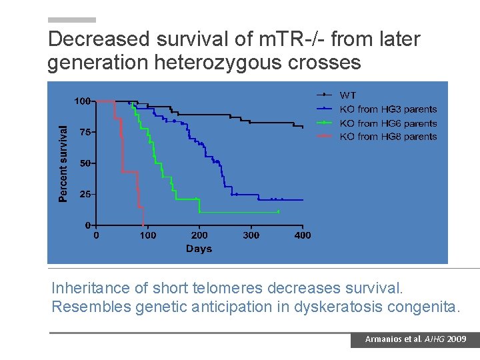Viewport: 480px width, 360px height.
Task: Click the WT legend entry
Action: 347,95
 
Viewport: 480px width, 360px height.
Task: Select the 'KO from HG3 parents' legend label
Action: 388,109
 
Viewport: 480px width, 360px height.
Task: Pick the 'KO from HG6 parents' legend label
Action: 388,123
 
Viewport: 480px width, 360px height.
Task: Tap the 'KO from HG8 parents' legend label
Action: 388,137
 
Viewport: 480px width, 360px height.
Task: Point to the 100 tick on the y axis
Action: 83,101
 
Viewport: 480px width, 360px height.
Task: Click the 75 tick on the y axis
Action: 85,132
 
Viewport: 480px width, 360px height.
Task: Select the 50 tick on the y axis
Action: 85,163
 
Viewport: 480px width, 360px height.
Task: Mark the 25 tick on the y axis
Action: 85,194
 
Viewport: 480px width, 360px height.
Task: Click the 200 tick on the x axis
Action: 199,235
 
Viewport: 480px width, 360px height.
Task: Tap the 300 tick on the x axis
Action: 251,235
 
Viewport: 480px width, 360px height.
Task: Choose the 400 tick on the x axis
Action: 303,235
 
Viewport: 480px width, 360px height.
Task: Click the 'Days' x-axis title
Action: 199,249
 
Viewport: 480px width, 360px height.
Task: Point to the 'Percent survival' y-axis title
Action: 63,163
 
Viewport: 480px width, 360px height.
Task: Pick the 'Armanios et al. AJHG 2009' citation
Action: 415,339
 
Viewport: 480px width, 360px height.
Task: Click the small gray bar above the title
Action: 72,20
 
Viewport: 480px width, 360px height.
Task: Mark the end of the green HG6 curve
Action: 279,212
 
